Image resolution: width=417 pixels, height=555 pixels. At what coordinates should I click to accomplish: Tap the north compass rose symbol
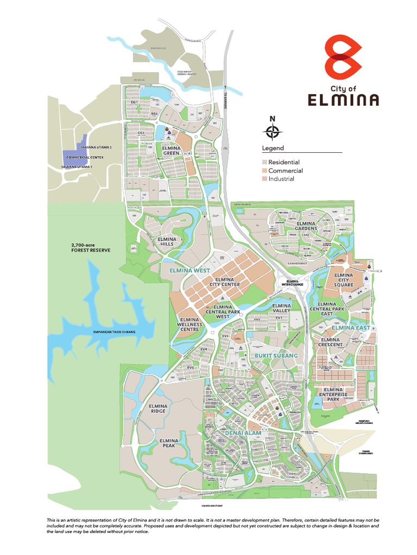coord(273,132)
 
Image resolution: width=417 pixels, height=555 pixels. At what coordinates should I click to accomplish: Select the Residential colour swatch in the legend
coord(264,162)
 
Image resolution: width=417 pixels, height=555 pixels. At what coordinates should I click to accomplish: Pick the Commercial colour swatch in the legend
coord(264,171)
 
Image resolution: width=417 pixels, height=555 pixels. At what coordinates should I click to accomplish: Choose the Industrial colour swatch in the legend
coord(264,179)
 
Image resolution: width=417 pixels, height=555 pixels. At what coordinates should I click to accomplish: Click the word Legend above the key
coord(273,148)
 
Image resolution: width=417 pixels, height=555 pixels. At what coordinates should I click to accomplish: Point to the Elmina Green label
coord(171,150)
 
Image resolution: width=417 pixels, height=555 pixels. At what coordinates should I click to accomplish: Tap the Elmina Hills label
coord(167,241)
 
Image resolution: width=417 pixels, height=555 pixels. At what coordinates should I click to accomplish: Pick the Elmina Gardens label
coord(306,226)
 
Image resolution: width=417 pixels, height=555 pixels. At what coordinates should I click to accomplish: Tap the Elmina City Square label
coord(344,280)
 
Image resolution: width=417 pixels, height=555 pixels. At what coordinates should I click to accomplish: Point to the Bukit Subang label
coord(276,355)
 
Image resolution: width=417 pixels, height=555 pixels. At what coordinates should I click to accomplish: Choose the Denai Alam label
coord(243,433)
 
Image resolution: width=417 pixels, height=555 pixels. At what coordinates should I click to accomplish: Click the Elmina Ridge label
coord(158,408)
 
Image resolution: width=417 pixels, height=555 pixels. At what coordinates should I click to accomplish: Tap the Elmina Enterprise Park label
coord(333,394)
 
